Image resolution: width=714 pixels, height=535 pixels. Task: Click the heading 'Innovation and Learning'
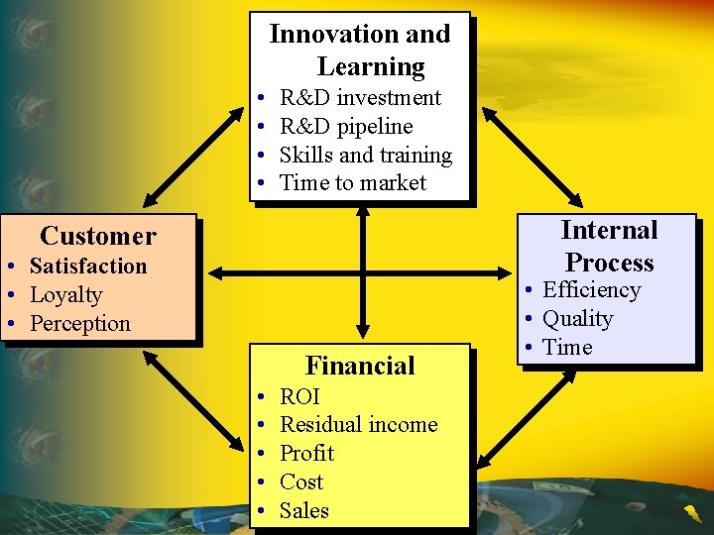click(360, 51)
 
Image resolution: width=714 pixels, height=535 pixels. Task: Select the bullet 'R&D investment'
click(360, 98)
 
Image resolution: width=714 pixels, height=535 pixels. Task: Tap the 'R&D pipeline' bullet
click(346, 127)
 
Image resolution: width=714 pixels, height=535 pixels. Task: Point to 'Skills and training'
click(365, 156)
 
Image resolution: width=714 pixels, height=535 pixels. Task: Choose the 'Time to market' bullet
click(353, 183)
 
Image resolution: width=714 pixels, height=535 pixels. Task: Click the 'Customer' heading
click(98, 237)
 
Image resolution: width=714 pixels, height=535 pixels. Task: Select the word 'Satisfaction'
click(88, 267)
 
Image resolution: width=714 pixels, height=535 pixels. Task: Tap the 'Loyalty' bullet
click(66, 295)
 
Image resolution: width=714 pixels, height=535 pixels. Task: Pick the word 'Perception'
click(80, 324)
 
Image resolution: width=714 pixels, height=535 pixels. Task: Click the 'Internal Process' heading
click(609, 247)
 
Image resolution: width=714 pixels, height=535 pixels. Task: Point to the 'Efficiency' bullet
click(591, 290)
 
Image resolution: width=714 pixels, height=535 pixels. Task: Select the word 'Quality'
click(577, 319)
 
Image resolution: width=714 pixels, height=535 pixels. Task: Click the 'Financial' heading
click(360, 366)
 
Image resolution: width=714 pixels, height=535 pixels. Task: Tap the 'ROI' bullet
click(299, 397)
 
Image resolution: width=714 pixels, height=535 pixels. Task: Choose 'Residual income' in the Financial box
click(358, 425)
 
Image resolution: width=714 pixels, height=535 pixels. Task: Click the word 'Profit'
click(306, 454)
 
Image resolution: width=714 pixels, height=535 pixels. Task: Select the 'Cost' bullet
click(301, 482)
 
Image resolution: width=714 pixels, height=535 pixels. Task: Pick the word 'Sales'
click(303, 511)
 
